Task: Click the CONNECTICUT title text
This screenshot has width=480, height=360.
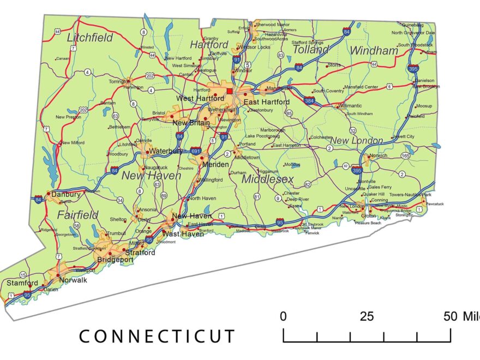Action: (157, 336)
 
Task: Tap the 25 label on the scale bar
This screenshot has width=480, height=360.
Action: (367, 316)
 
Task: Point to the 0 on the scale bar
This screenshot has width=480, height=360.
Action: (283, 316)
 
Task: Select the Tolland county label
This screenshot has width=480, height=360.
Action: (311, 49)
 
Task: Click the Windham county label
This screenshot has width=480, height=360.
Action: (374, 50)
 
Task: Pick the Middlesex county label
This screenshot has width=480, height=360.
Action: (268, 179)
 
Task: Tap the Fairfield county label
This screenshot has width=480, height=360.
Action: (78, 214)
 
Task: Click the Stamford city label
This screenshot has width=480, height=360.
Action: (22, 283)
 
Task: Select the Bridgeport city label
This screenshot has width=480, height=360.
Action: (115, 260)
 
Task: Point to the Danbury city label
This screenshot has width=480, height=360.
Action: (66, 194)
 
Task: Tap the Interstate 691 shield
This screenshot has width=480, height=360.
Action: (196, 151)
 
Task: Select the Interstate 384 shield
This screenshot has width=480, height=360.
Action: (310, 101)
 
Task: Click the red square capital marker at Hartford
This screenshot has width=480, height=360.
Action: (230, 91)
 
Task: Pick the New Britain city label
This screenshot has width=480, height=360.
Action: (191, 123)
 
